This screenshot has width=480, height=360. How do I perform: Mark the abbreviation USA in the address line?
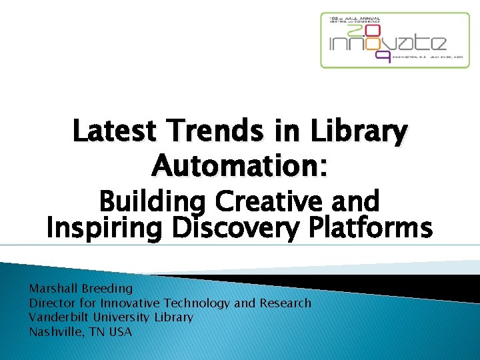click(120, 331)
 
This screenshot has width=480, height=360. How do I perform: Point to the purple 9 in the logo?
click(383, 57)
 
